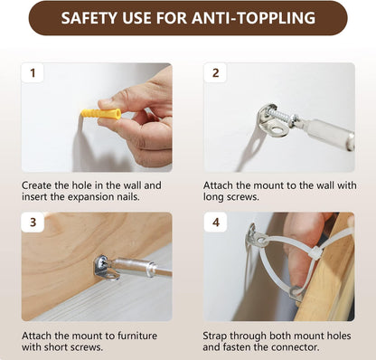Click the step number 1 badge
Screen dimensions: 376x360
coord(33,72)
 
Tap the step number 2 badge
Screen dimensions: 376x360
coord(215,72)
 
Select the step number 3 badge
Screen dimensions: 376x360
coord(33,223)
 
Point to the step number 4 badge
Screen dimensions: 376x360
coord(216,223)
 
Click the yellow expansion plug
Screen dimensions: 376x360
coord(101,114)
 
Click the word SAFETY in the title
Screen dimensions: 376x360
coord(89,18)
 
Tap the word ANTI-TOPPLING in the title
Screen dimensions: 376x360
coord(254,18)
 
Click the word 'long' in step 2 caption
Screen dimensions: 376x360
coord(212,197)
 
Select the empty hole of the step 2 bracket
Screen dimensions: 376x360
coord(277,130)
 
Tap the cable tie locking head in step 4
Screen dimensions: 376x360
coord(315,251)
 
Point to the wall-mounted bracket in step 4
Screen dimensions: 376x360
coord(257,237)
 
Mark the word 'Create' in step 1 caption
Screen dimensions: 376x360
coord(36,185)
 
